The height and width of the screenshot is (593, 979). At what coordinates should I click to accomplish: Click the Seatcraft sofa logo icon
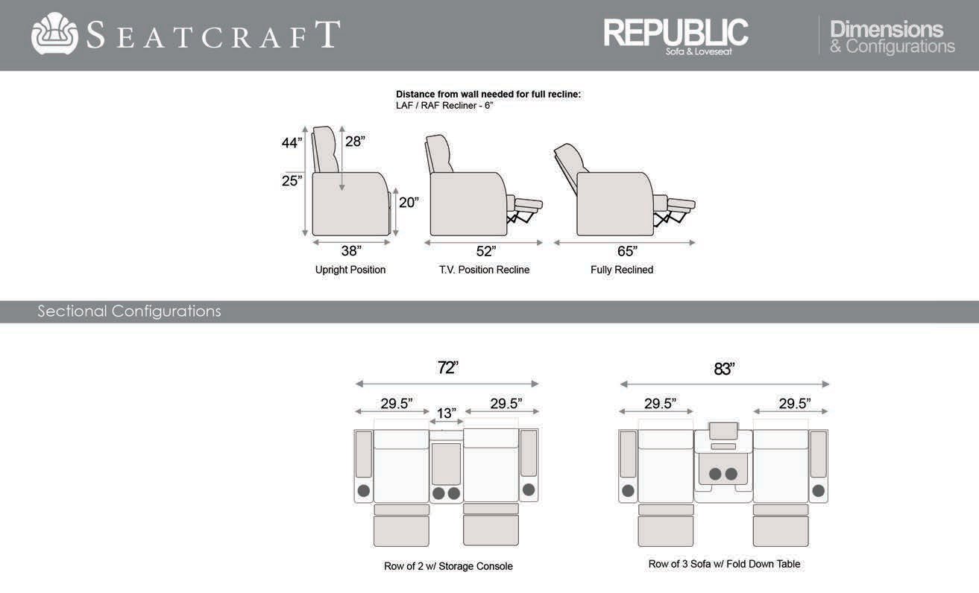54,34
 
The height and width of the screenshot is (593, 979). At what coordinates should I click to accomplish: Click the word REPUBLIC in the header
676,31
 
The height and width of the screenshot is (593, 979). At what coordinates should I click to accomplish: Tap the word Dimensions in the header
887,29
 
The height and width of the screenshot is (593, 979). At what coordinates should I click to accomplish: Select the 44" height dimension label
292,143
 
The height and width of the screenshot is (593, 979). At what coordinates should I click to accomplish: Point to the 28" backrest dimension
355,141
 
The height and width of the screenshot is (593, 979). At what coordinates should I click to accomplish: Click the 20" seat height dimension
409,202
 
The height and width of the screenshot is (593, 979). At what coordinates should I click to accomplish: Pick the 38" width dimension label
351,251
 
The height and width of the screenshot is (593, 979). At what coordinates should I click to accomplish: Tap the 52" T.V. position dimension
486,251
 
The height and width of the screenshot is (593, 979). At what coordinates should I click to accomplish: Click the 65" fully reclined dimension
627,251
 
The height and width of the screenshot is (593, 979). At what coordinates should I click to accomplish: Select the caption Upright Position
350,270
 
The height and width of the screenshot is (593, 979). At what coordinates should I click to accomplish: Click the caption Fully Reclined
622,270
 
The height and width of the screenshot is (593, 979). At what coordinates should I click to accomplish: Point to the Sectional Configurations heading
129,311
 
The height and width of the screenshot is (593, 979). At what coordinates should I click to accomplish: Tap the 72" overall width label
447,367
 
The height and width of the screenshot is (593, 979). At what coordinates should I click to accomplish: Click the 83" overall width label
724,369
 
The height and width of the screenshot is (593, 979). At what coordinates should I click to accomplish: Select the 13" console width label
447,413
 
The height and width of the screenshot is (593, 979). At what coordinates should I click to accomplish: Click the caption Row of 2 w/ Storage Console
448,566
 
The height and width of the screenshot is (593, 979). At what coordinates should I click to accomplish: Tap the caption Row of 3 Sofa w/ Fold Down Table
724,564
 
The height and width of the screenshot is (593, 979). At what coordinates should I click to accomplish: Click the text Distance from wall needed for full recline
488,95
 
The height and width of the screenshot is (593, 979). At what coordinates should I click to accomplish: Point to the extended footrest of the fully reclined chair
681,203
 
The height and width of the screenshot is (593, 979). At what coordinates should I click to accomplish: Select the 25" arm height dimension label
292,180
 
